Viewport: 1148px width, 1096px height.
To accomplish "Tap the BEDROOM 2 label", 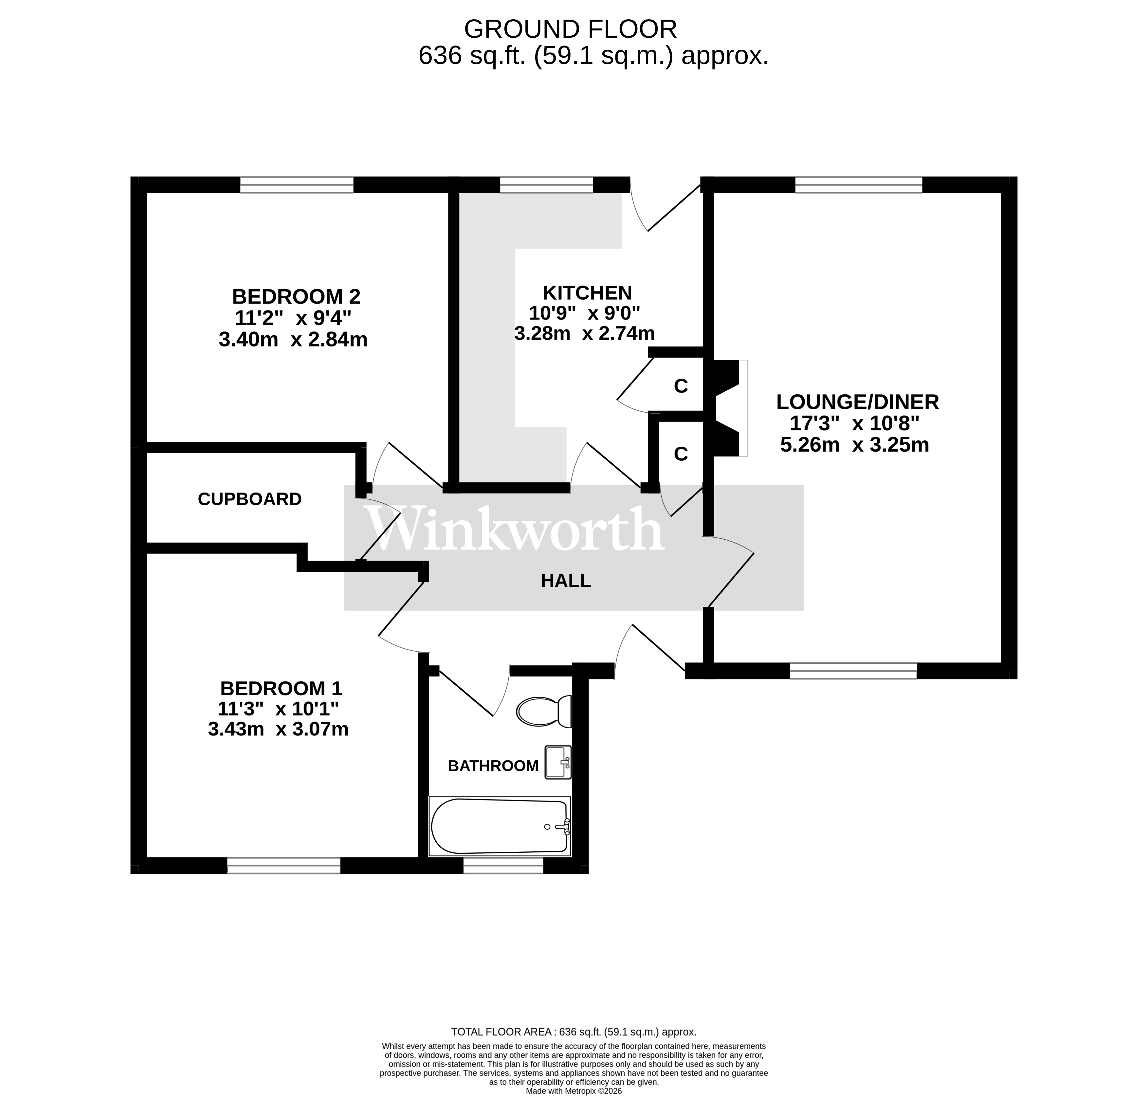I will [296, 297].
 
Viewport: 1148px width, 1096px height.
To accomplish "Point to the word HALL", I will [565, 581].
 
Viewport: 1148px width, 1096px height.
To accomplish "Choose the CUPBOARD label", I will [249, 499].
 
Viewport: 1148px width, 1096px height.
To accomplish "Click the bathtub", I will [499, 826].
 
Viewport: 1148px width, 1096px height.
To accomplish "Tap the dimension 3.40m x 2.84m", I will [293, 340].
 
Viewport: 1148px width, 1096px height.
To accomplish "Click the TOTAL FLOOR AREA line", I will [574, 1032].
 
